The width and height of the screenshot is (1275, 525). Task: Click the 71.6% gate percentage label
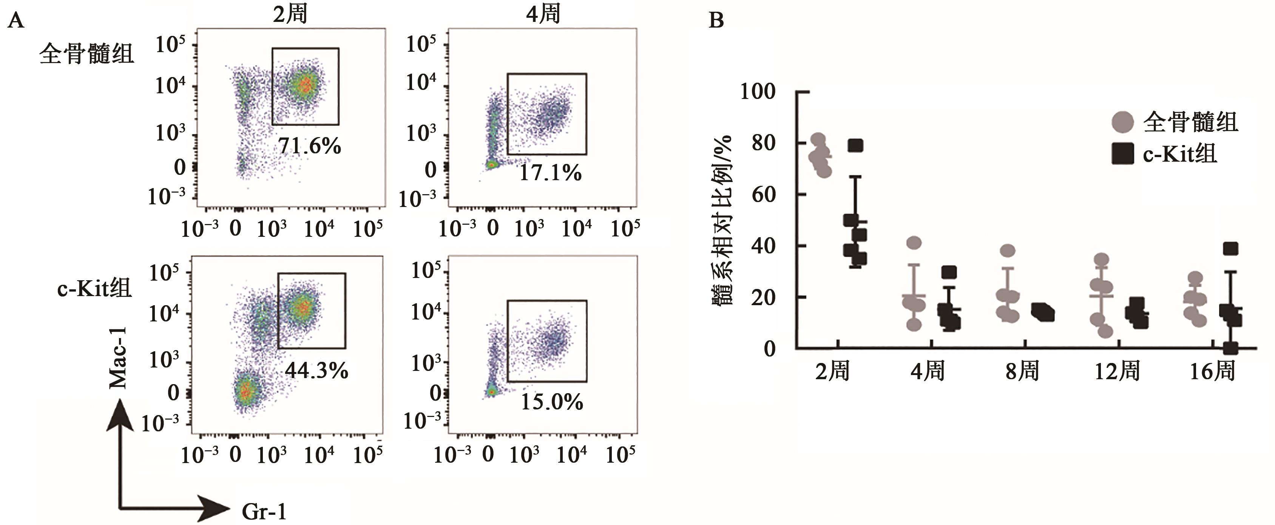309,146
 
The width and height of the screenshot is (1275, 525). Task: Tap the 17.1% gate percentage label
550,173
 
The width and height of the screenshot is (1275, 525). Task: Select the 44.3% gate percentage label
317,370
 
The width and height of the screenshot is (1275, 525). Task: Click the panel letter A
16,21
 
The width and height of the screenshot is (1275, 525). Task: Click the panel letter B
716,20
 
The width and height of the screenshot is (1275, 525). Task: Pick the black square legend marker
1122,154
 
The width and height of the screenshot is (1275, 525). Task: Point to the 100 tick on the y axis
757,91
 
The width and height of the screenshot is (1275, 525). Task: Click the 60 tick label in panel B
763,195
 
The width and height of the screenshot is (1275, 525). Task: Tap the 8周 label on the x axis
1022,371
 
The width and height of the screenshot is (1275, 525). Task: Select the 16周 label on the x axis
1212,371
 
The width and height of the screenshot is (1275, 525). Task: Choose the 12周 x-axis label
1117,371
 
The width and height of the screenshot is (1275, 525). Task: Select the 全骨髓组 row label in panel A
86,53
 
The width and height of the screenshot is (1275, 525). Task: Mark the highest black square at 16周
1230,249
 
